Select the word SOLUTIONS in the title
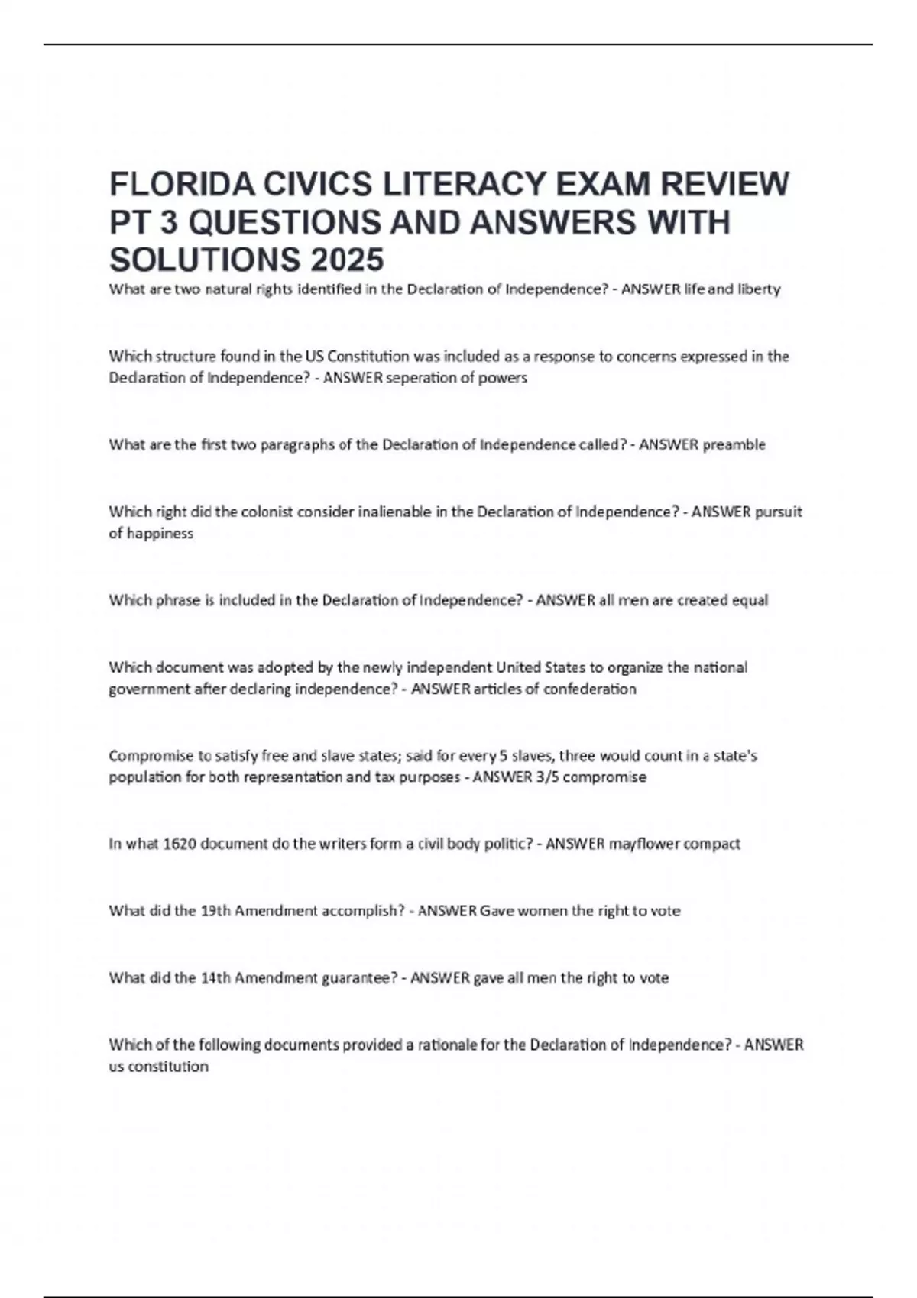[x=204, y=260]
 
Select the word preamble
[x=734, y=445]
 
